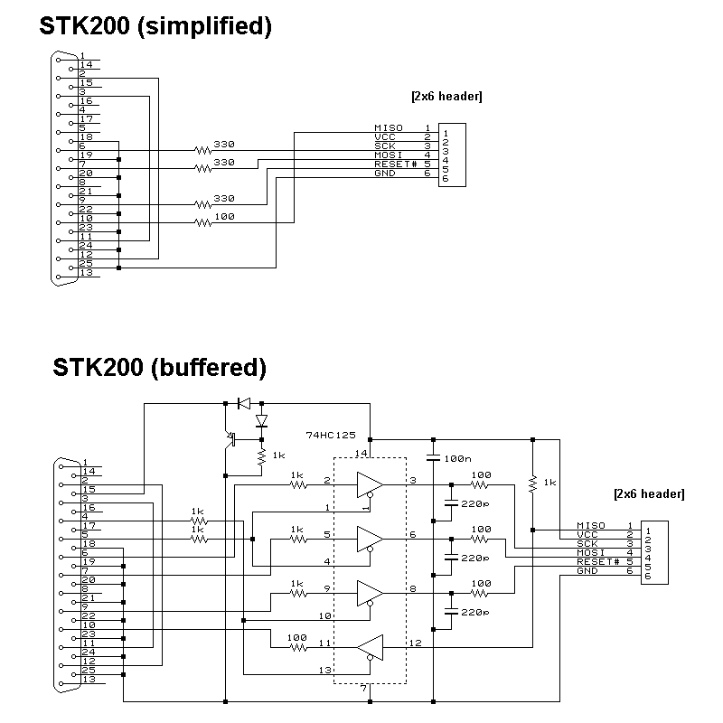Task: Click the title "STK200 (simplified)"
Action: point(155,26)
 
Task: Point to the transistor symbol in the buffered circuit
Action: point(230,439)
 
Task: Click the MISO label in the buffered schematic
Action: point(590,525)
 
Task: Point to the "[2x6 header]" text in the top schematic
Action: point(446,97)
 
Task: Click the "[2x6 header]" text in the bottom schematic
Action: point(648,494)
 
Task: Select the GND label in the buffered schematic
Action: point(587,570)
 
